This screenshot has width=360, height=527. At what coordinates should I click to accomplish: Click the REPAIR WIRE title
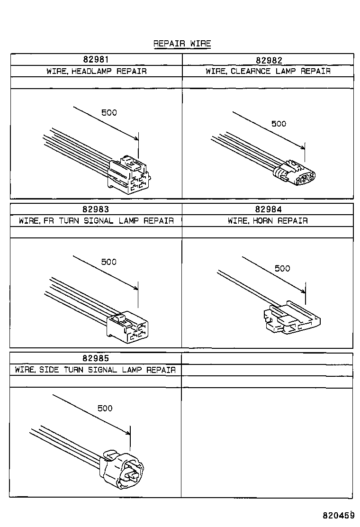click(182, 44)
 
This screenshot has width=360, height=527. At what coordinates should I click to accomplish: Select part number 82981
click(96, 60)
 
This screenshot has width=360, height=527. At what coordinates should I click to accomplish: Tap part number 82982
click(269, 60)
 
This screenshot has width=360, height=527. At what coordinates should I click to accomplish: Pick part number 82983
click(96, 209)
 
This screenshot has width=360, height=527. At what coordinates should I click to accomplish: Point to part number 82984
click(268, 209)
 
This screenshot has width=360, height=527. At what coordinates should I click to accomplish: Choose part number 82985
click(96, 358)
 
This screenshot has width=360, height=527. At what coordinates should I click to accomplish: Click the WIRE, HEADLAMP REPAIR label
click(96, 72)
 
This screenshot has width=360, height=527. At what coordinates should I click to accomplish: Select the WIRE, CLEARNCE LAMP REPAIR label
click(268, 72)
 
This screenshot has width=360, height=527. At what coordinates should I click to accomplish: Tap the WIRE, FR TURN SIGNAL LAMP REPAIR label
click(96, 221)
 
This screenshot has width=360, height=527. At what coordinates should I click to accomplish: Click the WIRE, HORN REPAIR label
click(268, 221)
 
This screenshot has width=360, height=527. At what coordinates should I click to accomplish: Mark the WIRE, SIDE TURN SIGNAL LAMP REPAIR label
click(95, 370)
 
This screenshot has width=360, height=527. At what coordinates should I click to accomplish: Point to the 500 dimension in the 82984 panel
click(282, 269)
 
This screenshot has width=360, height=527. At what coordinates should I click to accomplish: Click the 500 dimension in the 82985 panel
click(105, 408)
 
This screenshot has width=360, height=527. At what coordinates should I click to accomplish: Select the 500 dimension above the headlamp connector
click(109, 113)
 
